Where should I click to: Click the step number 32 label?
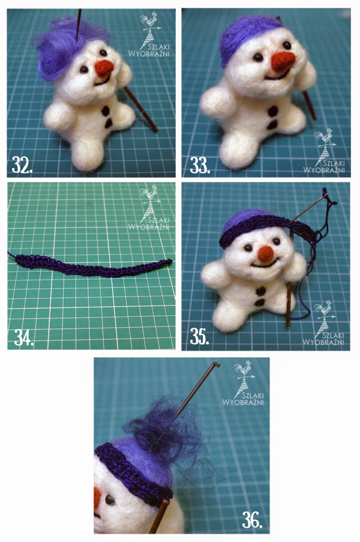pyautogui.click(x=22, y=165)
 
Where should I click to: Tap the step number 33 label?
pyautogui.click(x=200, y=165)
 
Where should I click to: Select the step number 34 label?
pyautogui.click(x=24, y=338)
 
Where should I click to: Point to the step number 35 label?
pyautogui.click(x=199, y=336)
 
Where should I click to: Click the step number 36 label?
pyautogui.click(x=252, y=520)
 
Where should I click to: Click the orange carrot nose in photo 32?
pyautogui.click(x=104, y=68)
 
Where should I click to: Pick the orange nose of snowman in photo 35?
pyautogui.click(x=266, y=253)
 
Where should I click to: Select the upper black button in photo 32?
pyautogui.click(x=106, y=111)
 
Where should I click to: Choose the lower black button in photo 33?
pyautogui.click(x=272, y=125)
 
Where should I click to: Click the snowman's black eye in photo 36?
pyautogui.click(x=110, y=500)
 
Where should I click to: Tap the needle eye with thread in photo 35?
pyautogui.click(x=325, y=196)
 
